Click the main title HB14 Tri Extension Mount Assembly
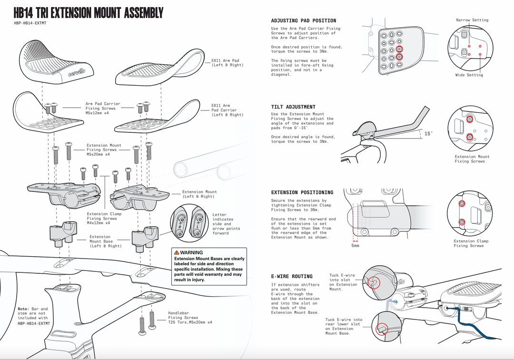pos(89,13)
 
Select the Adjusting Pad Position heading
pos(303,21)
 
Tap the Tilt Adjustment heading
pos(293,107)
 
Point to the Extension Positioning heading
pos(302,192)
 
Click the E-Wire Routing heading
pos(292,276)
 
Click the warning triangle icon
pos(177,252)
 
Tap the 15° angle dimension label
pos(428,134)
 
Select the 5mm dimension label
pos(356,246)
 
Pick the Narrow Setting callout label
pos(472,20)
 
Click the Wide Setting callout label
pos(469,75)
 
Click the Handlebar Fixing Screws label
pos(190,318)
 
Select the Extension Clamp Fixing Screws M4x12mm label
pos(104,218)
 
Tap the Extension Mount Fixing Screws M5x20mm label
pos(104,150)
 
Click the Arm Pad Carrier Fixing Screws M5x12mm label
pos(103,108)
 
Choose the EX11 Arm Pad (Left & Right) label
pos(227,63)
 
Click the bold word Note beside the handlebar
pos(23,309)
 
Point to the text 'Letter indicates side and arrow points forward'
pos(227,224)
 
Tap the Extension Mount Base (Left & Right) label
pos(105,241)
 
